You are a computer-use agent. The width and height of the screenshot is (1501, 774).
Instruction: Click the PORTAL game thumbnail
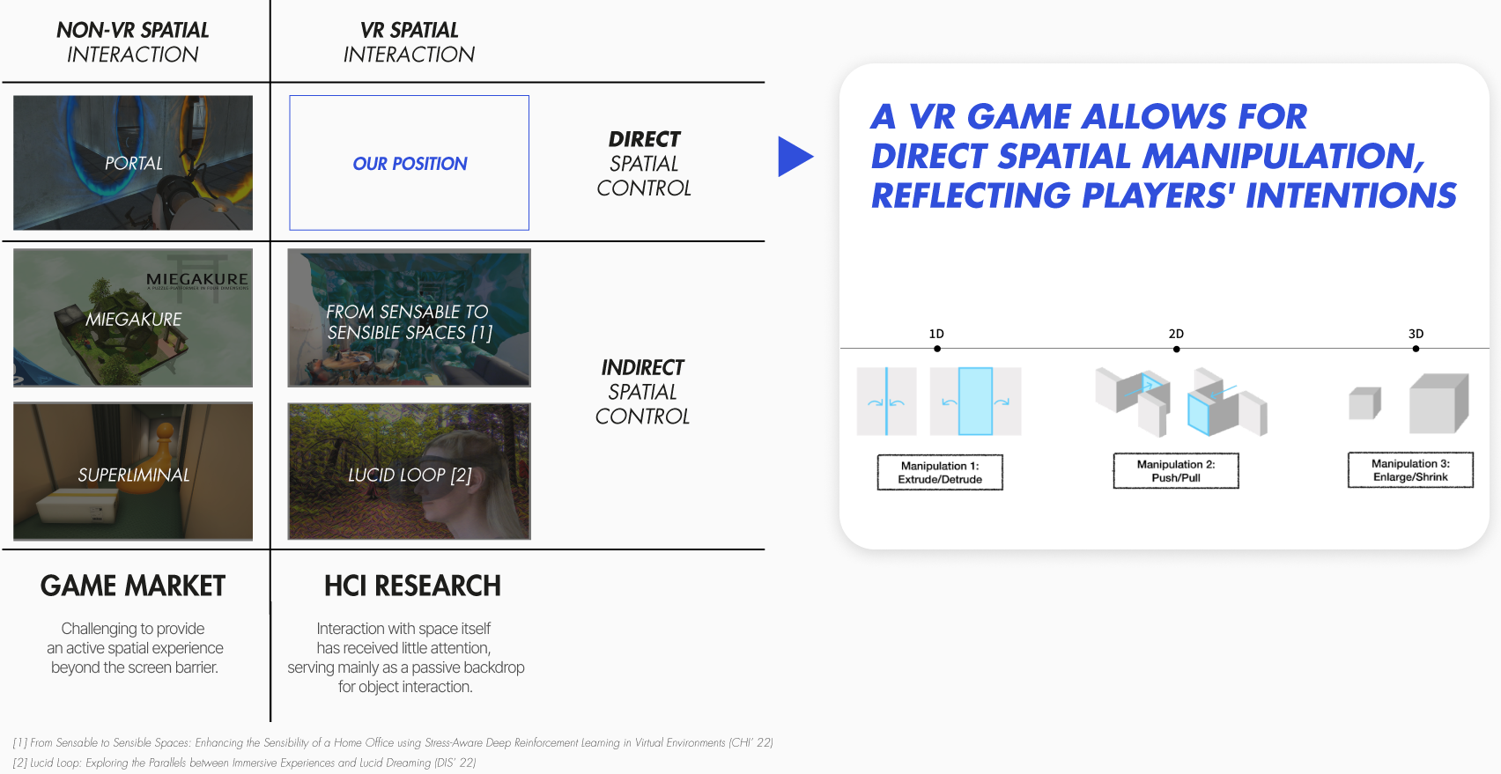pyautogui.click(x=133, y=163)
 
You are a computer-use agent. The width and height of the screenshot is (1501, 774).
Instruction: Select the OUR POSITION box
pyautogui.click(x=410, y=163)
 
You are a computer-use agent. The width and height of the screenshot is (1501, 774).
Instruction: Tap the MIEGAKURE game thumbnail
pyautogui.click(x=133, y=318)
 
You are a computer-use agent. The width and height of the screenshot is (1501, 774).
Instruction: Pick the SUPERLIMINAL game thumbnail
pyautogui.click(x=133, y=471)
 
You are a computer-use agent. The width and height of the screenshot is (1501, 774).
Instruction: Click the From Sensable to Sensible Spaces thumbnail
pyautogui.click(x=410, y=318)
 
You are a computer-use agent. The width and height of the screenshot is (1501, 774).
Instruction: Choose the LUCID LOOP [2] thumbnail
pyautogui.click(x=410, y=471)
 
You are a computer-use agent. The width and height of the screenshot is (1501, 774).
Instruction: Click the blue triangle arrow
pyautogui.click(x=794, y=157)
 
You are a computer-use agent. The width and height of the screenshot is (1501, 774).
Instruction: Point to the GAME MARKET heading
pyautogui.click(x=133, y=586)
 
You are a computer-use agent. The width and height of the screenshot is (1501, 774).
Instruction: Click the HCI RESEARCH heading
pyautogui.click(x=412, y=586)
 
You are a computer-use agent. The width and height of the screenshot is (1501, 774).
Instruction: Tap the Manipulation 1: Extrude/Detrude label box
pyautogui.click(x=940, y=473)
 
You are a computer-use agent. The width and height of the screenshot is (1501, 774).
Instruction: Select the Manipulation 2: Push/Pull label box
pyautogui.click(x=1176, y=471)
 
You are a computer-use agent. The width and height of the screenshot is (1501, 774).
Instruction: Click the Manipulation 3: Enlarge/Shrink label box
pyautogui.click(x=1410, y=470)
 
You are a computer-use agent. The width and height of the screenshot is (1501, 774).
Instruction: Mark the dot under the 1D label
pyautogui.click(x=937, y=349)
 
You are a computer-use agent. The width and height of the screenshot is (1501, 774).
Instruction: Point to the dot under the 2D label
pyautogui.click(x=1177, y=350)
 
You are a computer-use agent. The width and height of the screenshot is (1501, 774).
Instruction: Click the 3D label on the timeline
pyautogui.click(x=1416, y=334)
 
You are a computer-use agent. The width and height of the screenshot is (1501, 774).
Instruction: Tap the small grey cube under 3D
pyautogui.click(x=1364, y=403)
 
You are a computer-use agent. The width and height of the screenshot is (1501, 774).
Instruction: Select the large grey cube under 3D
pyautogui.click(x=1438, y=403)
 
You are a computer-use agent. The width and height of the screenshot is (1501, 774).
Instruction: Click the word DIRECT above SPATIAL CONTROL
pyautogui.click(x=645, y=139)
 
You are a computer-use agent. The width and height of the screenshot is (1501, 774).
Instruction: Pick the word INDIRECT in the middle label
pyautogui.click(x=643, y=367)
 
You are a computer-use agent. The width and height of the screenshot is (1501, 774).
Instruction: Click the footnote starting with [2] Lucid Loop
pyautogui.click(x=245, y=763)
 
